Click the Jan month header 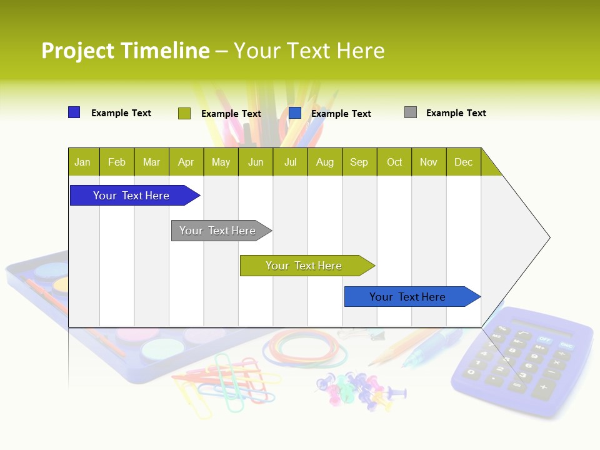(x=83, y=162)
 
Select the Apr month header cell (x=186, y=162)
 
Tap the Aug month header (x=325, y=162)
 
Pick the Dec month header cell (x=463, y=162)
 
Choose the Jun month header (x=256, y=162)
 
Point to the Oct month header (x=394, y=162)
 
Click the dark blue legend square (x=74, y=112)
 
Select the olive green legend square (x=184, y=113)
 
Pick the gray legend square (x=411, y=112)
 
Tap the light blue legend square (x=295, y=113)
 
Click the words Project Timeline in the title (x=125, y=51)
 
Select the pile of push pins (x=356, y=389)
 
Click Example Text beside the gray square (x=456, y=112)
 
